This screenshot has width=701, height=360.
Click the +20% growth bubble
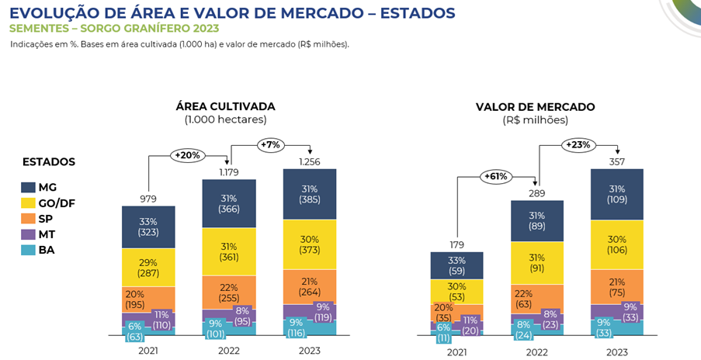187,155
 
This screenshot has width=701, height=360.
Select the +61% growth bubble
497,176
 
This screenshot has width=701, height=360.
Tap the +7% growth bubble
269,145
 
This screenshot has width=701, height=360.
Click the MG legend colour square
29,188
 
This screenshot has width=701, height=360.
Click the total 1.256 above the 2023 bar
309,161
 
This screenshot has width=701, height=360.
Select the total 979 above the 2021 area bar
148,199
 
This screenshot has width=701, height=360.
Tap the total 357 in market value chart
616,161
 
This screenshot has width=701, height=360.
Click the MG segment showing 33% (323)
148,227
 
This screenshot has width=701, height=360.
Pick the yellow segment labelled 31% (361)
228,251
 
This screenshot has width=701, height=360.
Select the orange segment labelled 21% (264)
309,286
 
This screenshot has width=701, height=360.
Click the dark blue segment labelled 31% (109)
616,194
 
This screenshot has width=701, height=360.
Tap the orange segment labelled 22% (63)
536,297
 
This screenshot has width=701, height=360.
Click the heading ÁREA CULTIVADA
225,106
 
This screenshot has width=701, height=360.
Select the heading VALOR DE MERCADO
535,106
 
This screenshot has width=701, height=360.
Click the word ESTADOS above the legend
49,162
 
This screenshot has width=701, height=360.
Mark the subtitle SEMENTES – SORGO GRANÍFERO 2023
114,29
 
